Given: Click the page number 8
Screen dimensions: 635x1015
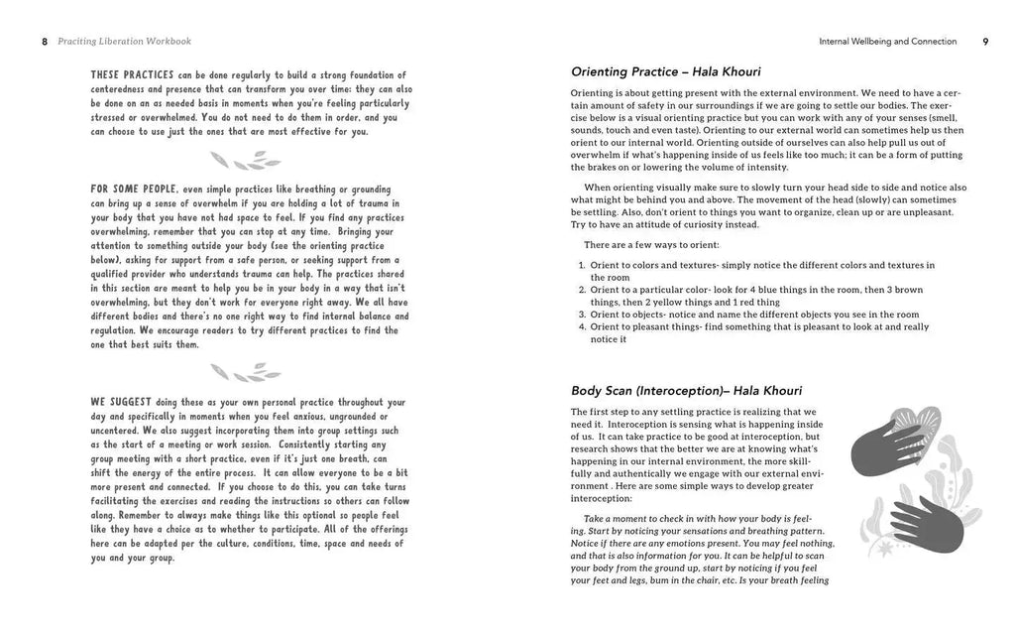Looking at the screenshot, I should [45, 42].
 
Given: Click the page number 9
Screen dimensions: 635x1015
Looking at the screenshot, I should [984, 42].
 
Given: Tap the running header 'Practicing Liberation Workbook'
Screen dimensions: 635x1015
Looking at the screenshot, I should [125, 42].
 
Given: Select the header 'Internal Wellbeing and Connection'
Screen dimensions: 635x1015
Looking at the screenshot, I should [887, 42].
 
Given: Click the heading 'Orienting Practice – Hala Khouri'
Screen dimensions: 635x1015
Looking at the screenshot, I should [671, 71].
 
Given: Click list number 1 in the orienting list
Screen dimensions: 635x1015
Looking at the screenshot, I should [582, 266].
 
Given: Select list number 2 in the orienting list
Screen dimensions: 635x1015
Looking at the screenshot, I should [582, 290].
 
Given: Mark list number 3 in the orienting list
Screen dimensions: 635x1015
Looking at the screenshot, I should [582, 315].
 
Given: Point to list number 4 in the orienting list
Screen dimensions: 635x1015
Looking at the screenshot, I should [582, 326].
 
